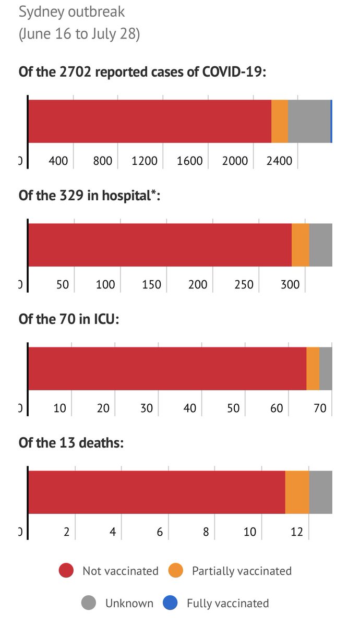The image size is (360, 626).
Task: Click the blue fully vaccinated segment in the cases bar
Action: coord(331,121)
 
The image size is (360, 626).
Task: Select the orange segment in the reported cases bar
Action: coord(280,121)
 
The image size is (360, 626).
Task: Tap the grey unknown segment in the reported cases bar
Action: coord(309,121)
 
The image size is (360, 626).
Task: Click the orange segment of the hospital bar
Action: coord(301,245)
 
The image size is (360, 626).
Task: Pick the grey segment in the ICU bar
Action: coord(326,368)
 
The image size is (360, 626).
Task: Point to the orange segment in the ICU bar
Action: coord(313,368)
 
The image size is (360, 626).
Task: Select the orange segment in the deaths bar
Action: coord(297,492)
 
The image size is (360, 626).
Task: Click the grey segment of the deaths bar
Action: coord(320,492)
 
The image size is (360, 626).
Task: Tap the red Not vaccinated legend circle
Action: coord(66,571)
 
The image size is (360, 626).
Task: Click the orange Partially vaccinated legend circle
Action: coord(176,571)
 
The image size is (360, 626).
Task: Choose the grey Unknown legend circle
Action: coord(89,604)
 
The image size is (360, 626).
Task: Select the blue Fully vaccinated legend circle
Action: coord(170,604)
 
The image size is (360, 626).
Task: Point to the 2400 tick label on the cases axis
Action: coord(280,161)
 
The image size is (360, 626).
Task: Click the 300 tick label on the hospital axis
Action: coord(290,285)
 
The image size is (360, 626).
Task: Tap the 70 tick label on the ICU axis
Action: coord(320,408)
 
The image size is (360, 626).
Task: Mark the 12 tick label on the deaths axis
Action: coord(297,532)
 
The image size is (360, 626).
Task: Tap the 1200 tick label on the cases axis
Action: coord(145,161)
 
